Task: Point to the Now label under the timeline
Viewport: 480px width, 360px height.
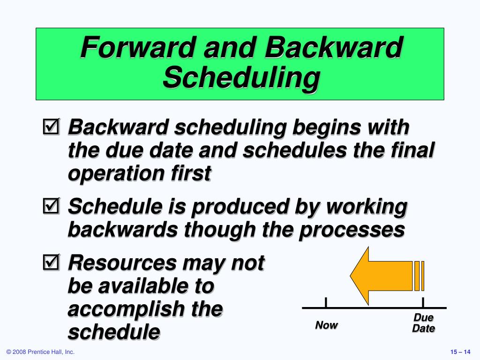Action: (x=326, y=325)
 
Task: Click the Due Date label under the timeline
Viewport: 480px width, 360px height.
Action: (x=423, y=323)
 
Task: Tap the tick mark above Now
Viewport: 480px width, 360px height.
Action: (x=326, y=302)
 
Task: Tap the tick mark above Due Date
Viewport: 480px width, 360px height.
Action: (x=423, y=302)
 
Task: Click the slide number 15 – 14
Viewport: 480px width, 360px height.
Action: (x=459, y=352)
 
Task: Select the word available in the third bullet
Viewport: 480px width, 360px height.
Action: (x=136, y=286)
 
